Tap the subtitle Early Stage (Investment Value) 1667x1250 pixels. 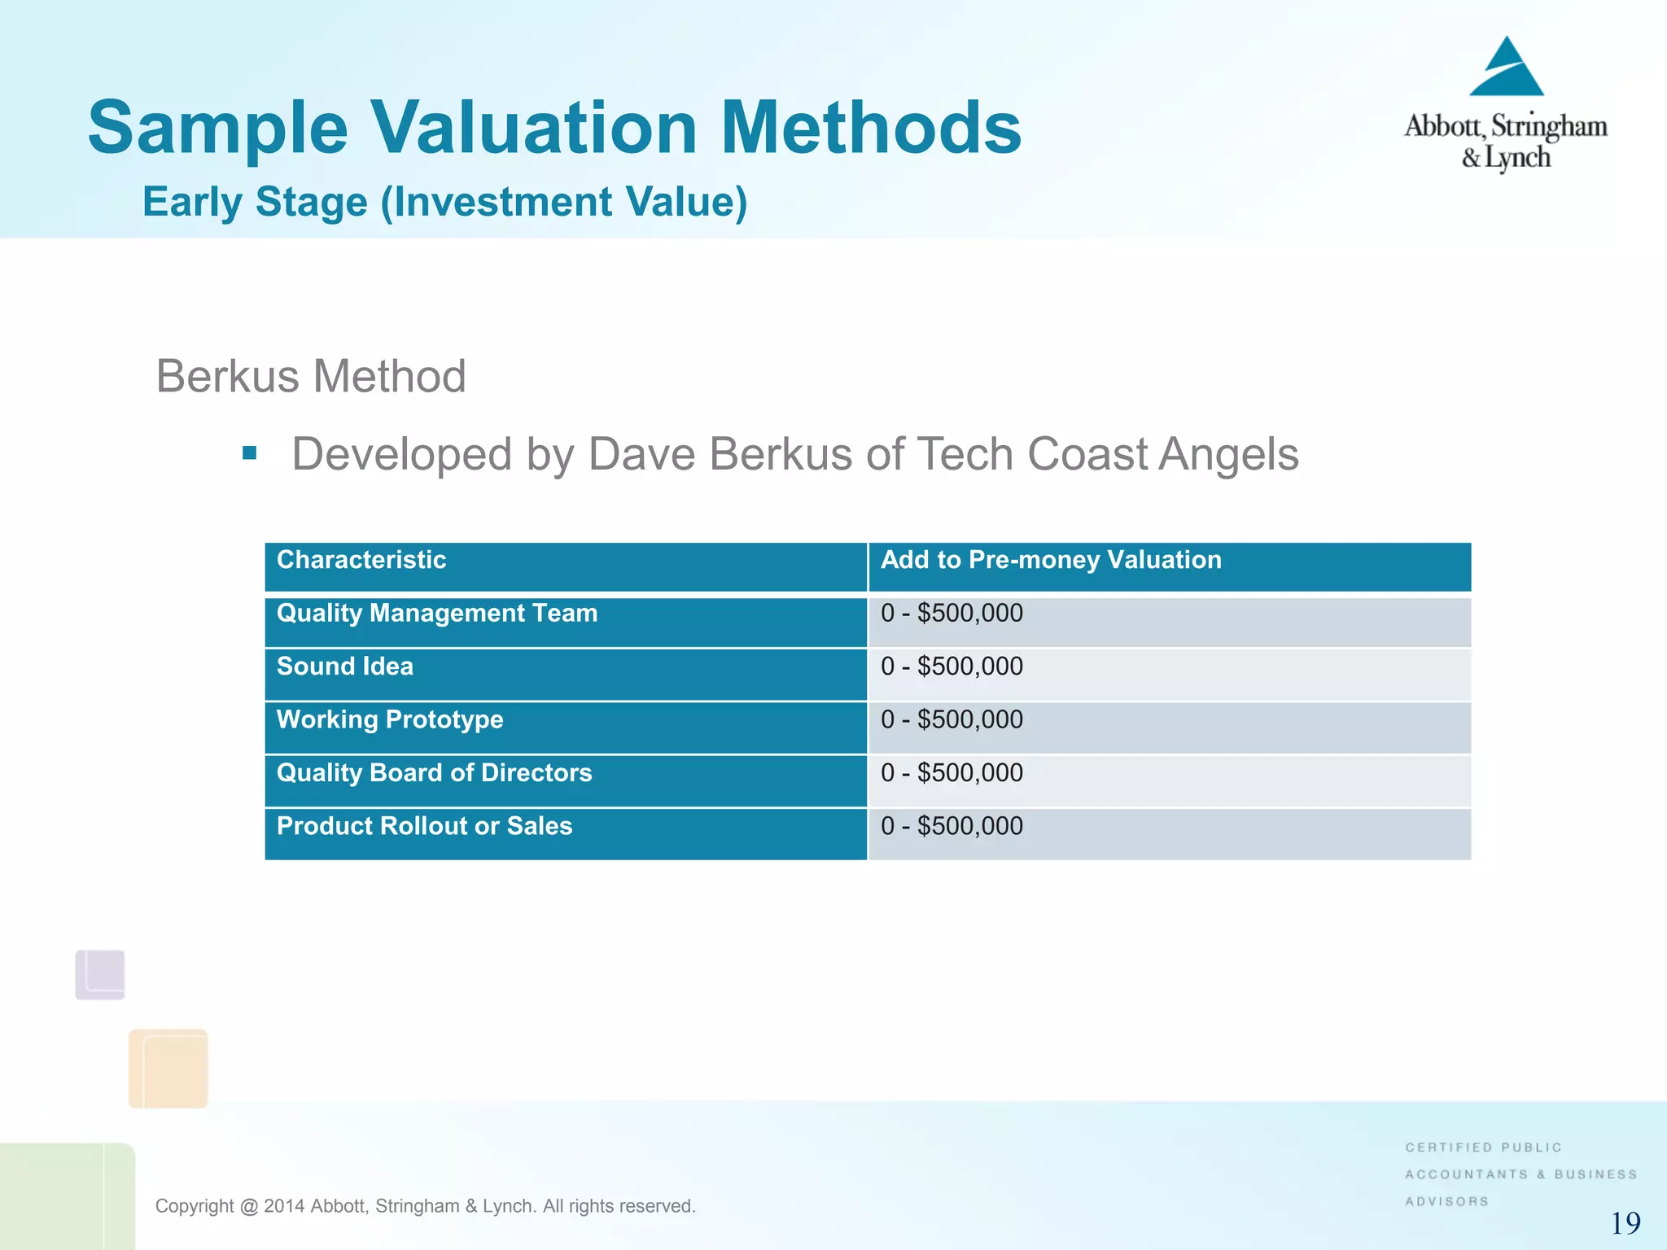pyautogui.click(x=444, y=202)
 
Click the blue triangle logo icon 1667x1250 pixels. pyautogui.click(x=1507, y=68)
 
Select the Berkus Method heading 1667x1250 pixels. pyautogui.click(x=310, y=376)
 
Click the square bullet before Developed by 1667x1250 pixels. pyautogui.click(x=250, y=453)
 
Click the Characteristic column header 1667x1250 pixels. pyautogui.click(x=361, y=560)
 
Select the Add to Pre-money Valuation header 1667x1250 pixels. pyautogui.click(x=1051, y=560)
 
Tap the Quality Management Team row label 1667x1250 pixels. pyautogui.click(x=437, y=613)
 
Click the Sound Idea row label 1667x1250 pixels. pyautogui.click(x=345, y=667)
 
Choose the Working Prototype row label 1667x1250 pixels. pyautogui.click(x=390, y=719)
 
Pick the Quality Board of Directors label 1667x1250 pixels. pyautogui.click(x=434, y=772)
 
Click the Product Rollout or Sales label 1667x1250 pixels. pyautogui.click(x=424, y=826)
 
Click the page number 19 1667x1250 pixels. pyautogui.click(x=1625, y=1223)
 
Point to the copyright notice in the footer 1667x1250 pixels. pyautogui.click(x=425, y=1206)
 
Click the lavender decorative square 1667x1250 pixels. pyautogui.click(x=100, y=974)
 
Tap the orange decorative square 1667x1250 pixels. pyautogui.click(x=168, y=1068)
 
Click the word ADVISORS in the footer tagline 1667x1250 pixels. pyautogui.click(x=1446, y=1201)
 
